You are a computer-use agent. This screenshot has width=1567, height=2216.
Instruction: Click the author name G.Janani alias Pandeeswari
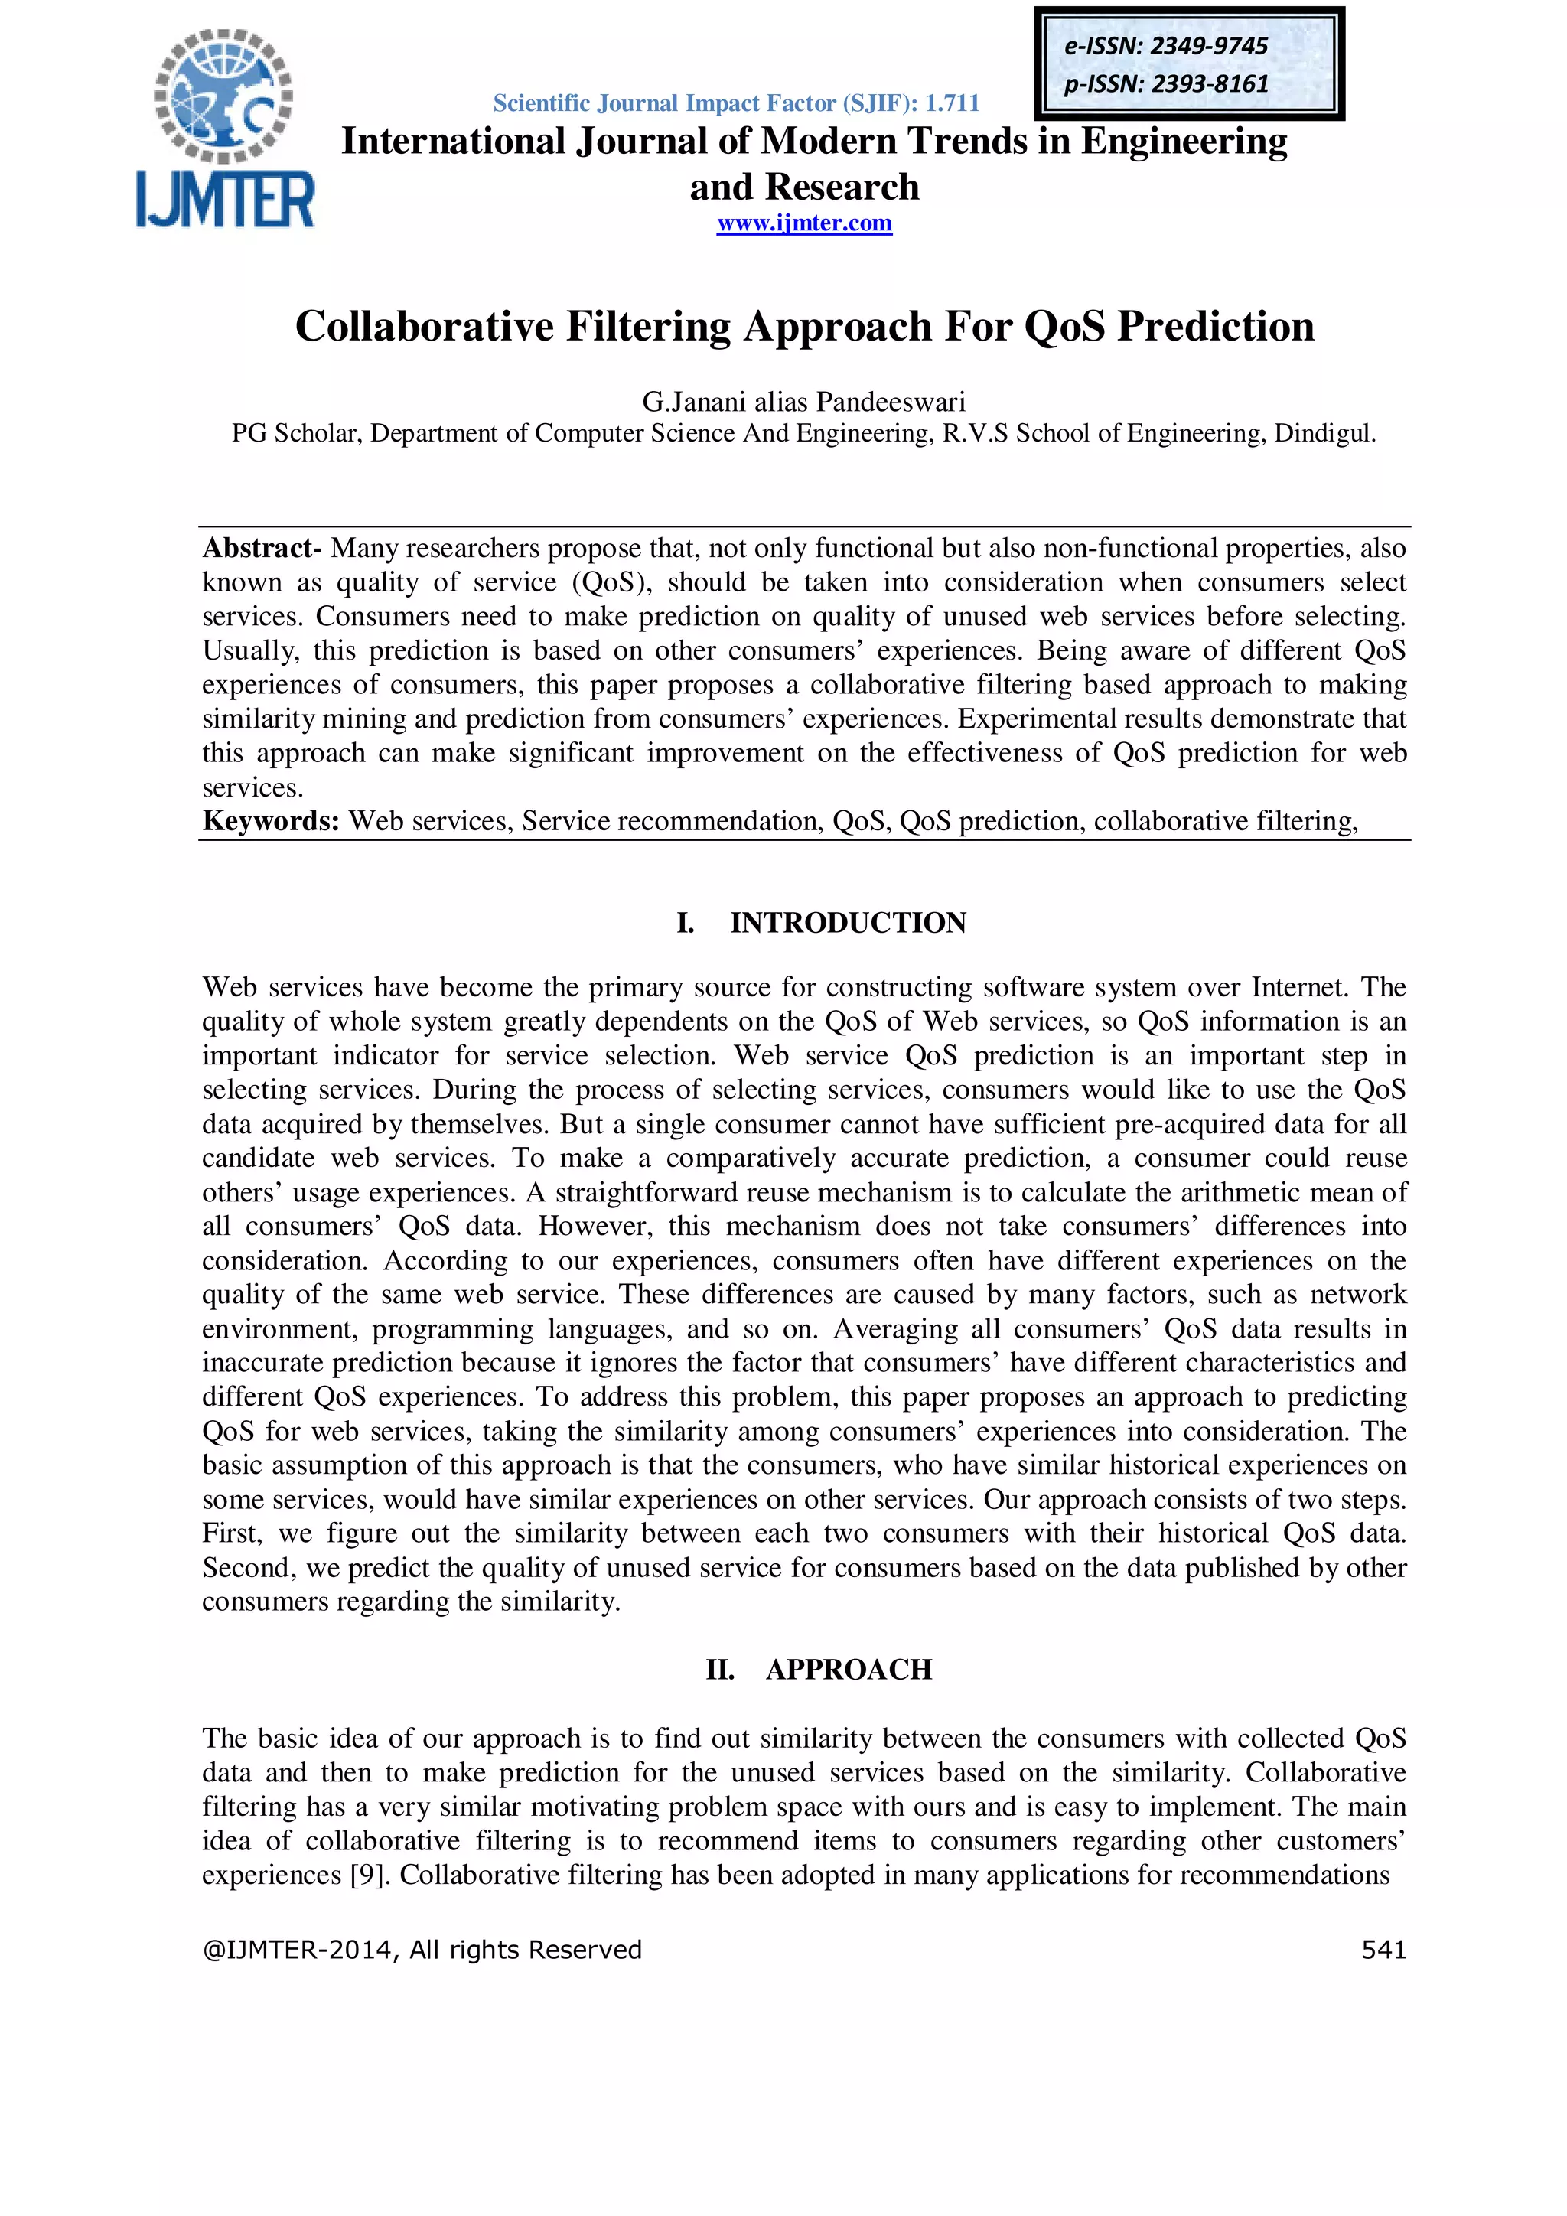click(x=803, y=402)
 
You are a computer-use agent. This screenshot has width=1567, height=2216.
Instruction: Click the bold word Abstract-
click(x=262, y=548)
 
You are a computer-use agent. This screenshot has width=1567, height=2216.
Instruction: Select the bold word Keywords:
click(x=270, y=821)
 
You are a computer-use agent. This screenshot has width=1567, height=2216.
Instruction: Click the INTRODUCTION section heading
click(x=847, y=923)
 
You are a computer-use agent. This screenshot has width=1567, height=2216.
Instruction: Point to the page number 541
click(x=1383, y=1950)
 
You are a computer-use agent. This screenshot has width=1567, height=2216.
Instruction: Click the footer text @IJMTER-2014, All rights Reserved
click(x=422, y=1950)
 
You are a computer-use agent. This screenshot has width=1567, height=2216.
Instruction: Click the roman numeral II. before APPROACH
click(x=720, y=1670)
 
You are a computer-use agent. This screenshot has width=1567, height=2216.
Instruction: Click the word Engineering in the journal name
click(x=1183, y=141)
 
